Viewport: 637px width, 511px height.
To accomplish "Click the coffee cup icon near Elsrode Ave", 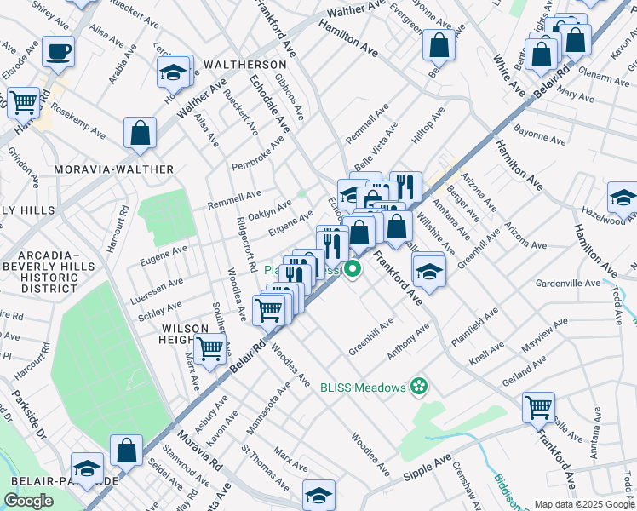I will (58, 50).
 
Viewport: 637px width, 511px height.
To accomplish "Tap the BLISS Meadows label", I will (363, 388).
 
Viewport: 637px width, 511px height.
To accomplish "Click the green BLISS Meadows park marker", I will (417, 388).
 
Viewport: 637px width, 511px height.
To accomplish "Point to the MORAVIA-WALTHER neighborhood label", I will (113, 169).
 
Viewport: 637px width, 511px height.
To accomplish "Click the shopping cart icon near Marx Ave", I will (209, 347).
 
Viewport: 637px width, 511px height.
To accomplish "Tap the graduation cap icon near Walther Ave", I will (174, 72).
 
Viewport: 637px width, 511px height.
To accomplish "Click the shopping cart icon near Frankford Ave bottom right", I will (538, 407).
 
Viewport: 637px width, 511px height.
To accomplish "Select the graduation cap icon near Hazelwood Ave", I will (623, 198).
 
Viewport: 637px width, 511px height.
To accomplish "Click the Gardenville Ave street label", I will (568, 282).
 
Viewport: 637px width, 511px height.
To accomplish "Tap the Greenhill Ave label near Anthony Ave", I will (371, 337).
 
